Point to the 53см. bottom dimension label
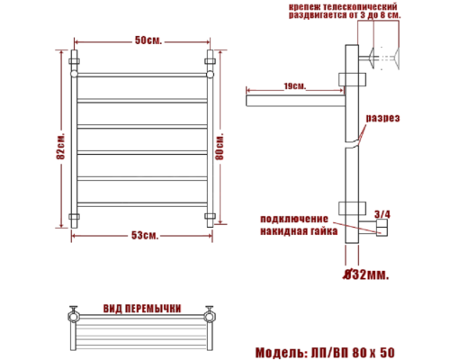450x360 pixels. (x=144, y=237)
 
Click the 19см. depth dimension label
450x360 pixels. (x=293, y=86)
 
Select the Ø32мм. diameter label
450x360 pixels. (x=366, y=274)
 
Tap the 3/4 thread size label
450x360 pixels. (x=382, y=213)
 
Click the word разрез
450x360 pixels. (x=382, y=119)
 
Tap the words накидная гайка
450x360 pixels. (x=299, y=231)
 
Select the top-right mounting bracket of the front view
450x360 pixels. (x=211, y=63)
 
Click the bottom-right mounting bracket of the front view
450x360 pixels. (x=211, y=217)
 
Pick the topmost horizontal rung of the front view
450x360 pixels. (x=144, y=76)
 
